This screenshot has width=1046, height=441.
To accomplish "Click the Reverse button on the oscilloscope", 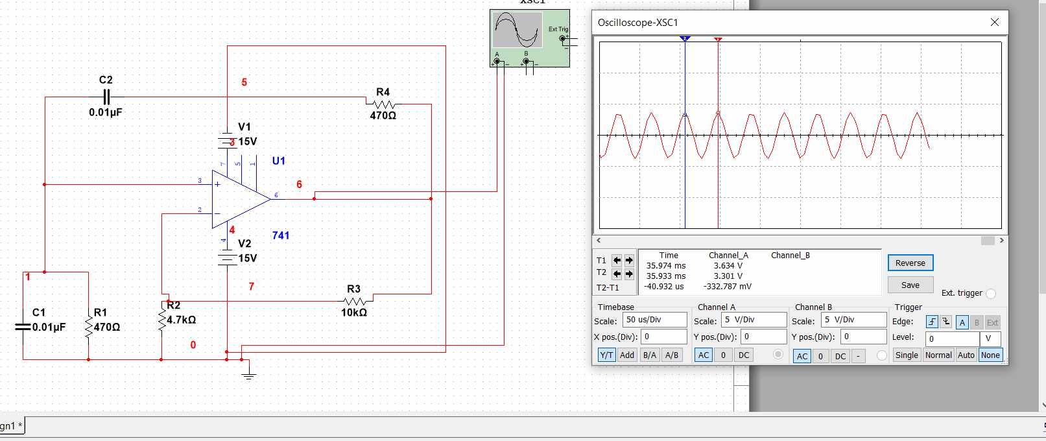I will (910, 263).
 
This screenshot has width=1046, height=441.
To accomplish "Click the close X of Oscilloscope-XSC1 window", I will (995, 22).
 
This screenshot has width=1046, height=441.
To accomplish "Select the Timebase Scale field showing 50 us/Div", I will (654, 320).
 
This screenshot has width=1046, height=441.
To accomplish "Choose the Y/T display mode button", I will (606, 355).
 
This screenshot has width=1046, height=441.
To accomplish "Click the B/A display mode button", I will (649, 355).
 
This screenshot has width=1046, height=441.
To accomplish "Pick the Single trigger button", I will (906, 355).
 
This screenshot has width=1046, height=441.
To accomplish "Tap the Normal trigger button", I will (938, 355).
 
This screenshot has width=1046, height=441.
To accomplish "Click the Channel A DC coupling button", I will (744, 355).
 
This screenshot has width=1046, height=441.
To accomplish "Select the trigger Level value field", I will (952, 339).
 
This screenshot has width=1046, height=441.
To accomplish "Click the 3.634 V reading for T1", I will (728, 265).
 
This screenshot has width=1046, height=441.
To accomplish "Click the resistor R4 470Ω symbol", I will (383, 104).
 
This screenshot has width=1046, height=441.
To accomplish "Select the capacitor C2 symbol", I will (106, 97).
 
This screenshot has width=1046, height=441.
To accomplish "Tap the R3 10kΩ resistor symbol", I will (355, 300).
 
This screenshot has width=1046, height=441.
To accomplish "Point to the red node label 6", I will (299, 184).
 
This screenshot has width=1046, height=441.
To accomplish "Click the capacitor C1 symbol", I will (23, 327).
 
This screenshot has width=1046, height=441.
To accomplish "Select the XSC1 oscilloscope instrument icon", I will (529, 37).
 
